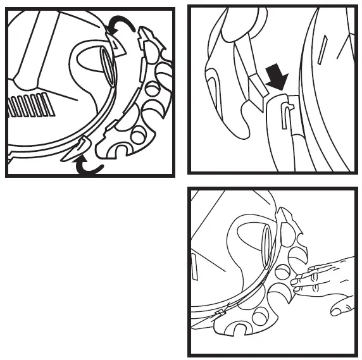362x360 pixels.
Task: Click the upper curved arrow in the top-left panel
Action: click(x=121, y=24)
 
